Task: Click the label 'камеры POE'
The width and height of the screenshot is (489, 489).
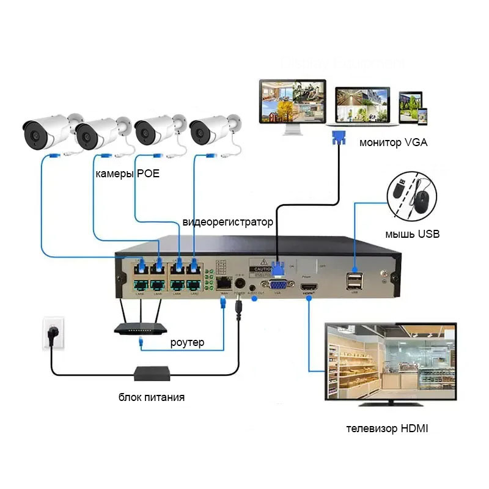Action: tap(127, 174)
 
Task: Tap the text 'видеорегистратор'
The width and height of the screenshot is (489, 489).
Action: tap(227, 221)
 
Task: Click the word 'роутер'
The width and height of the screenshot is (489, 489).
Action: tap(187, 342)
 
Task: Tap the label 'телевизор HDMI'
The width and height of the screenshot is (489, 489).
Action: tap(387, 428)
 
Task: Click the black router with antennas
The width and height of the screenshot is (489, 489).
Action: tap(140, 328)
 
